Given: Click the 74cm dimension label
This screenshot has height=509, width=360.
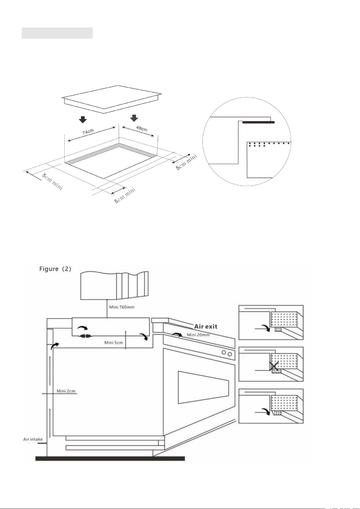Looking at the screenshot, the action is click(88, 132).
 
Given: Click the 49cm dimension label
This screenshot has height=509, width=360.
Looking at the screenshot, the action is click(142, 128).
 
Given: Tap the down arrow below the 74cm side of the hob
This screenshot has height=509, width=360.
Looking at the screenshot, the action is click(83, 120).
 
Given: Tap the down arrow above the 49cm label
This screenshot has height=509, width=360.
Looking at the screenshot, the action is click(134, 118).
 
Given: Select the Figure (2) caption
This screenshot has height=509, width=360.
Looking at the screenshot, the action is click(55, 269).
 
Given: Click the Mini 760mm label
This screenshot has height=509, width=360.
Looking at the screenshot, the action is click(122, 307).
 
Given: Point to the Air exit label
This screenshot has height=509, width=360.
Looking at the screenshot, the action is click(206, 327).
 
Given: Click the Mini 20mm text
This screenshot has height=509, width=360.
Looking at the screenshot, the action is click(198, 335).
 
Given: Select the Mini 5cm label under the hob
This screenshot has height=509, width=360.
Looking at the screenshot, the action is click(114, 343).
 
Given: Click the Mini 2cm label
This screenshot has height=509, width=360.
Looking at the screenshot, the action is click(66, 391).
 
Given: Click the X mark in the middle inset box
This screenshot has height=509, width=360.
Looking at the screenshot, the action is click(274, 366).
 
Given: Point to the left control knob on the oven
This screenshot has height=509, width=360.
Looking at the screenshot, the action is click(224, 353).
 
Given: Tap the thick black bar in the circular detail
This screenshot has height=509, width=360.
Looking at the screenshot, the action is click(259, 122).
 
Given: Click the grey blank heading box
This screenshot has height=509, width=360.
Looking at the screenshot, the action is click(57, 33).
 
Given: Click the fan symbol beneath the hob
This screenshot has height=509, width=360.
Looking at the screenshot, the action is click(86, 336).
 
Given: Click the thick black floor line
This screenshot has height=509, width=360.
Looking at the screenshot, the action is click(110, 459).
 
